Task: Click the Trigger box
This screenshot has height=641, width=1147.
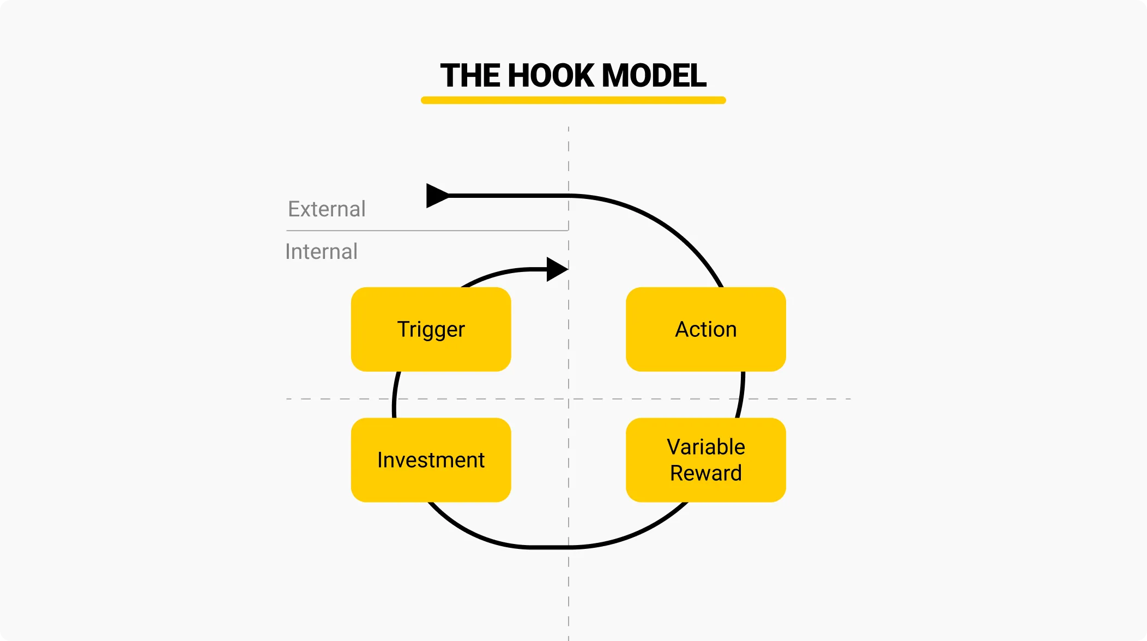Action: (x=431, y=329)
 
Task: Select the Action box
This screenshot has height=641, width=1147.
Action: (x=705, y=329)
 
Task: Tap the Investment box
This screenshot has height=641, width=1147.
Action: (x=431, y=460)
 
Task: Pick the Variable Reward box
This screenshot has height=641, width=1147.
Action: (x=705, y=460)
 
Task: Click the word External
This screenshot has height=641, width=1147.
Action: (x=327, y=209)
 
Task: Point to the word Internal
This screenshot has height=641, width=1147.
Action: (x=321, y=252)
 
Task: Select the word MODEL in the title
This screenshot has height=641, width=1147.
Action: (x=654, y=75)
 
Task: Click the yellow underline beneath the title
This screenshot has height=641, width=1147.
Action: (x=573, y=100)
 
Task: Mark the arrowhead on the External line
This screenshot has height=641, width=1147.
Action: (x=436, y=195)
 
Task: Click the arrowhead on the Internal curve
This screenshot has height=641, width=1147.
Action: (x=557, y=269)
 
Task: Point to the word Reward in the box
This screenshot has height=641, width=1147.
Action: (x=705, y=473)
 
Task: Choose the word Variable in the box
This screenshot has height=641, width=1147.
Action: (x=705, y=447)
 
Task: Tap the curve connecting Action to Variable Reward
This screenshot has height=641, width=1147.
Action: (x=741, y=395)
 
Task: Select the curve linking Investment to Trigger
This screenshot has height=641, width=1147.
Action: (x=395, y=395)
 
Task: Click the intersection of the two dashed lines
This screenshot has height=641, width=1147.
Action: (x=569, y=399)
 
